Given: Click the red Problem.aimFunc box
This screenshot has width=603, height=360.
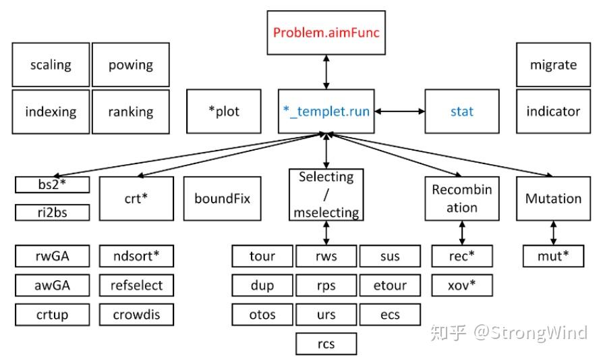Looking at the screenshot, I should point(327,32).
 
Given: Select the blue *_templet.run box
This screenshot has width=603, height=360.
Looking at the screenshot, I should point(327,111).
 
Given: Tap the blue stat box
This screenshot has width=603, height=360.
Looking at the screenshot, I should point(462,111).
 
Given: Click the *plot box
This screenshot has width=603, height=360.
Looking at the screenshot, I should point(224,111).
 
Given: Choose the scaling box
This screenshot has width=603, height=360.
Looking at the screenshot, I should point(51,65).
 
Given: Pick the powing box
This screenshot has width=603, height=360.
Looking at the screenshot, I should point(131,65).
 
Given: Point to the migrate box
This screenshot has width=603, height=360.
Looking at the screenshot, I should point(553,65).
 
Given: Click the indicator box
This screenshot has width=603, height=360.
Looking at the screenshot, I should point(553,111).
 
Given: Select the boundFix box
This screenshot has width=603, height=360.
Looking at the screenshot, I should point(222,199).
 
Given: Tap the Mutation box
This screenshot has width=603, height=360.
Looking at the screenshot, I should point(553,199).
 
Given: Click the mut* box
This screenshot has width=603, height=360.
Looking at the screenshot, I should point(553,256).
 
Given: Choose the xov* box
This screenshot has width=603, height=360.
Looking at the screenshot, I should point(462,285).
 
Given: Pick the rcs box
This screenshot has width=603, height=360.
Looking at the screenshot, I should point(326,344).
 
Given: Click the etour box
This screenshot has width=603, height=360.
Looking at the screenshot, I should point(390,285).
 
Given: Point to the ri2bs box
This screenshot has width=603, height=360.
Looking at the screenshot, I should point(53,212).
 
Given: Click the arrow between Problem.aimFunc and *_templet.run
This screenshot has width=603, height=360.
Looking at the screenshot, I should point(327,72).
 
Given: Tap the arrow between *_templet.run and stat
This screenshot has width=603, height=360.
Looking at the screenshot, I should point(401,111).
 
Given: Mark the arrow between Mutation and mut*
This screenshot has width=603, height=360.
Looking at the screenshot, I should point(553,232).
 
